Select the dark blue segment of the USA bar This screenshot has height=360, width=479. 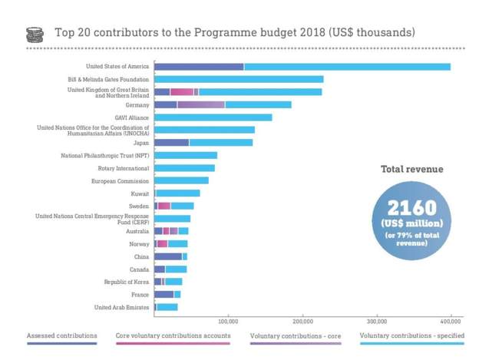click(199, 67)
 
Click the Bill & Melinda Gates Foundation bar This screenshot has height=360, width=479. click(239, 79)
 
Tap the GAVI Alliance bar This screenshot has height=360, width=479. click(213, 117)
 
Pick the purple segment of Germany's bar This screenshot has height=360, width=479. click(201, 104)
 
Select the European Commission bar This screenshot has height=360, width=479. click(181, 180)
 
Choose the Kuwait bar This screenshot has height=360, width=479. click(178, 193)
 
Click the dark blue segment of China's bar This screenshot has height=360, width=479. click(168, 256)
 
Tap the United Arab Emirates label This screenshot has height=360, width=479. click(121, 307)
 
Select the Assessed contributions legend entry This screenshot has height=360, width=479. click(62, 335)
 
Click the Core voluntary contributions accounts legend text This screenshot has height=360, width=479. click(173, 335)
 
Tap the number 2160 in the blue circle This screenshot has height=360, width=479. click(411, 207)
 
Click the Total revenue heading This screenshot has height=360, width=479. click(411, 169)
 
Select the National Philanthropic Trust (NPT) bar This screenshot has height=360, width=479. click(186, 156)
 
